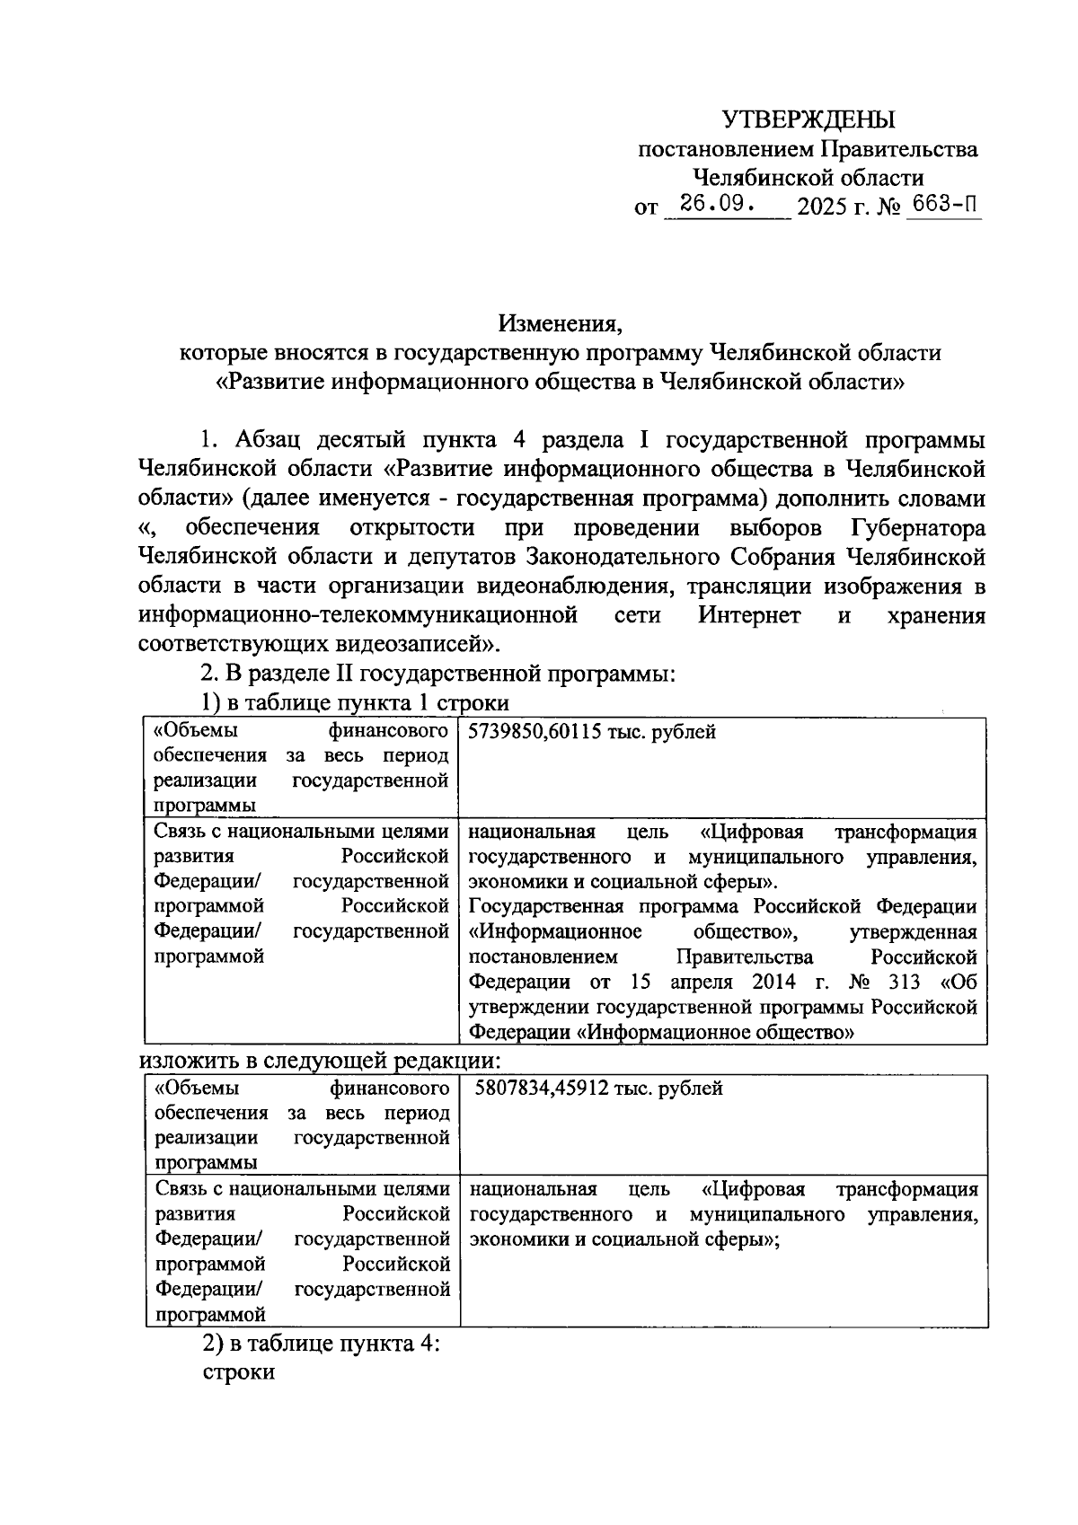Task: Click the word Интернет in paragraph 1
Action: point(749,615)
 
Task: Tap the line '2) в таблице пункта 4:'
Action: point(319,1344)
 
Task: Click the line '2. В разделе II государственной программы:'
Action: point(437,673)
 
